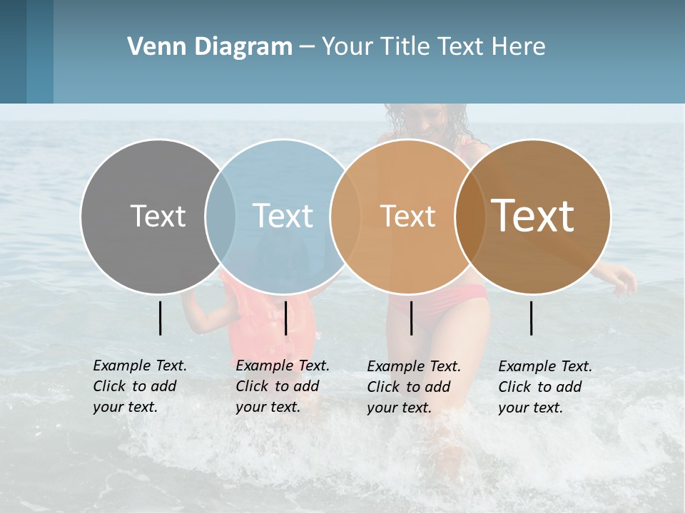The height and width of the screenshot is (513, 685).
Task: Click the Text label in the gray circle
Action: pyautogui.click(x=158, y=216)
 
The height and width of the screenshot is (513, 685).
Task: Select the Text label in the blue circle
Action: pyautogui.click(x=283, y=216)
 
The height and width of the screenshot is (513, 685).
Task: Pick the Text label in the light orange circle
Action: pyautogui.click(x=407, y=216)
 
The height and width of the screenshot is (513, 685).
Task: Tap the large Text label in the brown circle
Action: pyautogui.click(x=533, y=216)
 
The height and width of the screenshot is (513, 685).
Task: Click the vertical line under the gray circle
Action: pyautogui.click(x=161, y=318)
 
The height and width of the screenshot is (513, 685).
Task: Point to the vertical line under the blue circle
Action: pyautogui.click(x=285, y=318)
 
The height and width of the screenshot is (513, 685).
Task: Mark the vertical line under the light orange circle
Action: pyautogui.click(x=412, y=318)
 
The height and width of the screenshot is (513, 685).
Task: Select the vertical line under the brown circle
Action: pyautogui.click(x=532, y=318)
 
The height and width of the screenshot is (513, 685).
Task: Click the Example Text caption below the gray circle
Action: pyautogui.click(x=139, y=386)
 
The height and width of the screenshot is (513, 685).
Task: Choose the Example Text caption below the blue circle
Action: pyautogui.click(x=282, y=386)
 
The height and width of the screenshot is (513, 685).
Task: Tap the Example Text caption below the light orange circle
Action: pyautogui.click(x=413, y=387)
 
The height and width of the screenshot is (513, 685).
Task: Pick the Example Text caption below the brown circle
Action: pyautogui.click(x=544, y=387)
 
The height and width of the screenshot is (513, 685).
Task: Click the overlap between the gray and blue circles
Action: pyautogui.click(x=220, y=216)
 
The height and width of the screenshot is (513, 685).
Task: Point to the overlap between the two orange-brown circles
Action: pyautogui.click(x=470, y=216)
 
